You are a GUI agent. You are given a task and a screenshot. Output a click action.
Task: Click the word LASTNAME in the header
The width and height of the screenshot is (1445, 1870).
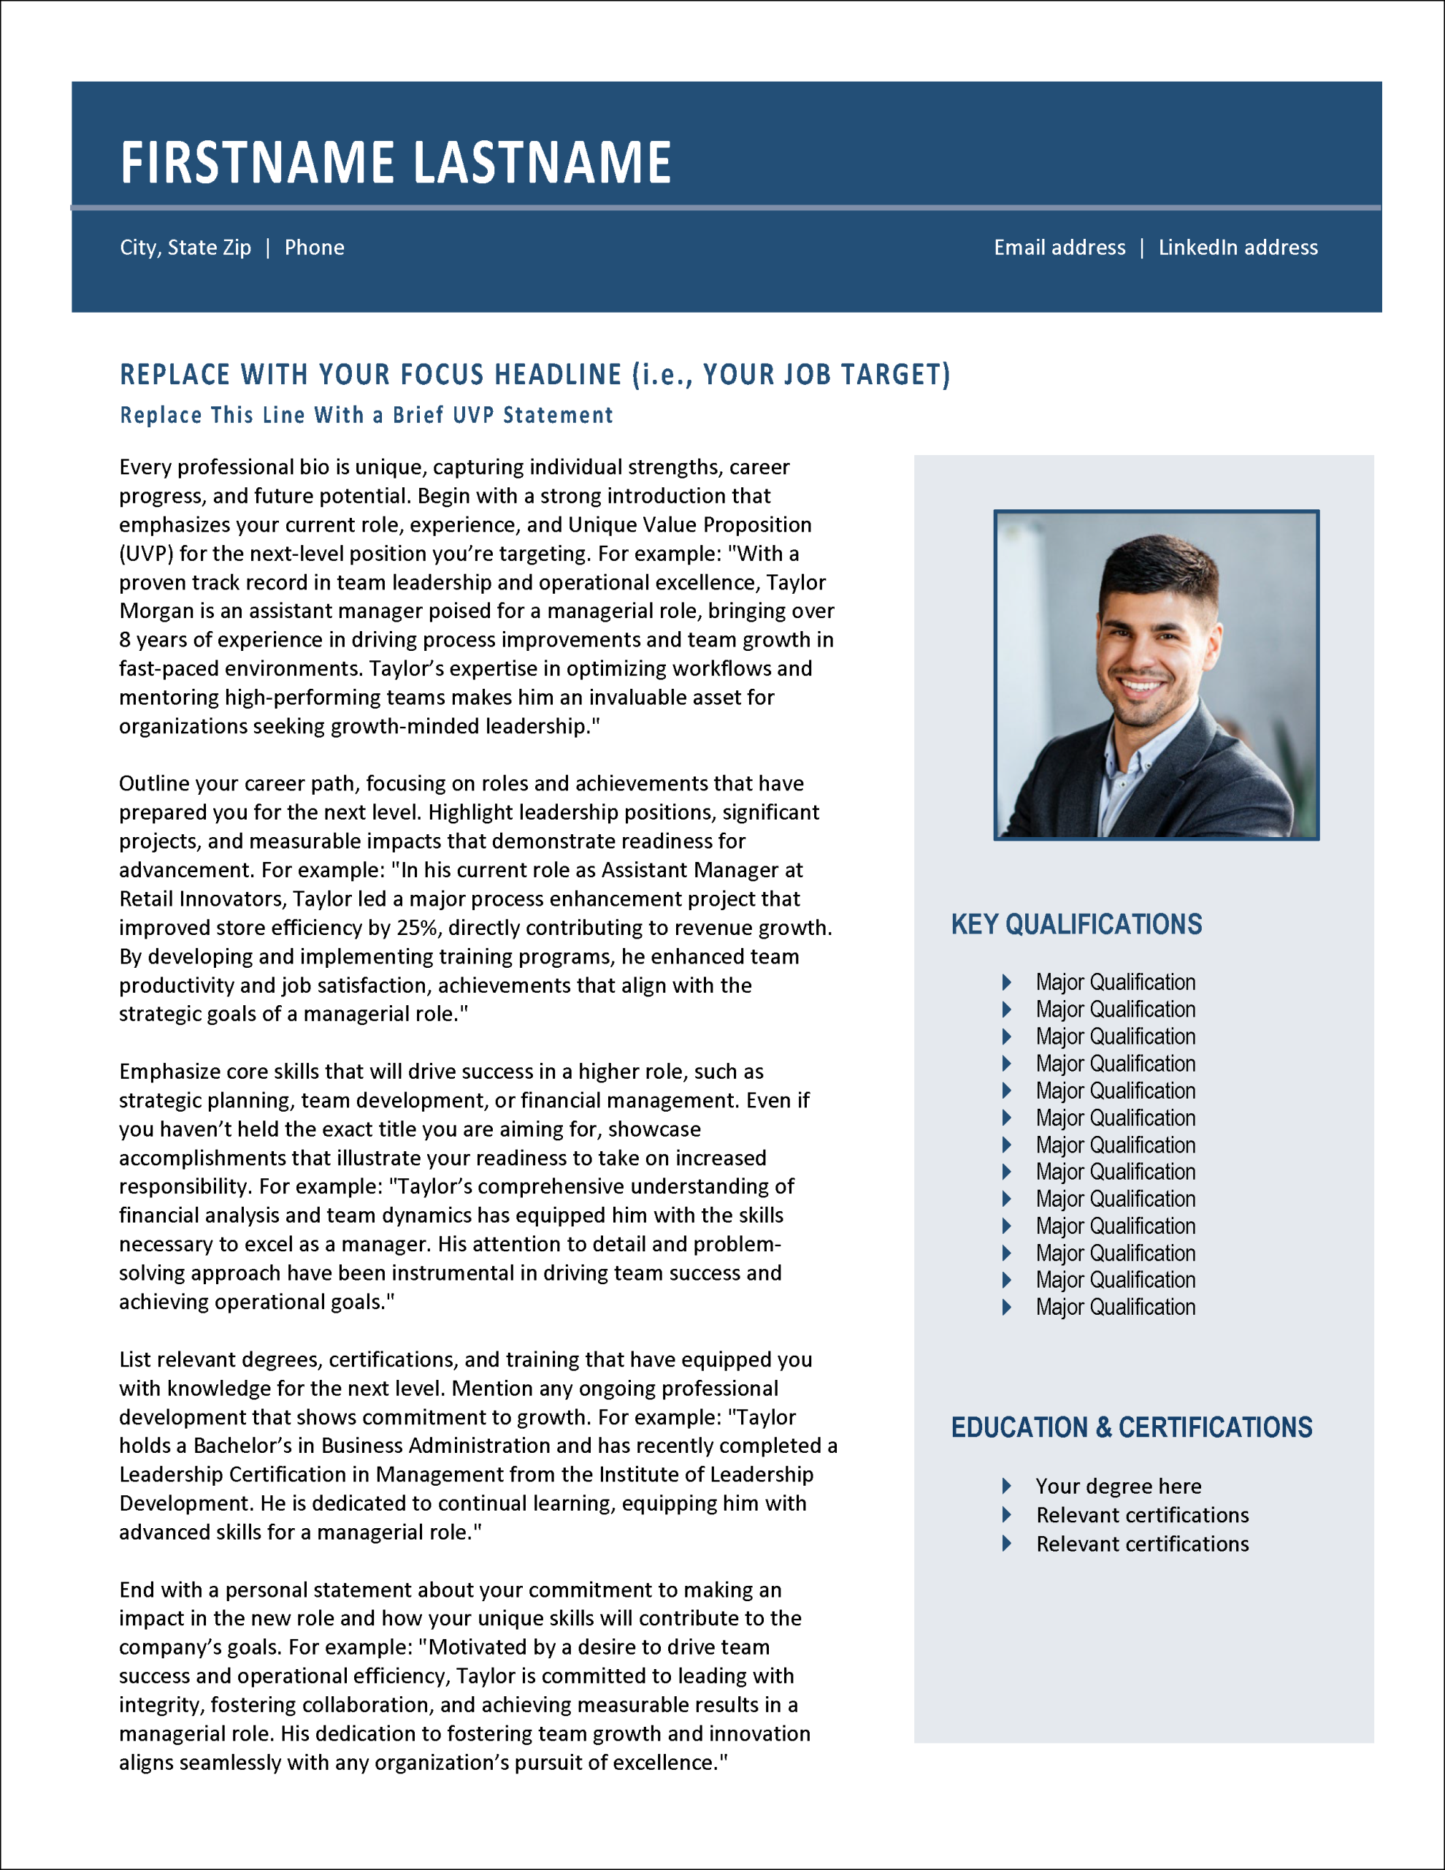click(543, 163)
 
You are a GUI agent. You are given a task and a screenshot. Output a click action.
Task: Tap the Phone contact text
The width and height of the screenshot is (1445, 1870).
click(314, 248)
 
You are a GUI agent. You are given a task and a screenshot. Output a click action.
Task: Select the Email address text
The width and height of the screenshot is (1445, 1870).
click(1059, 248)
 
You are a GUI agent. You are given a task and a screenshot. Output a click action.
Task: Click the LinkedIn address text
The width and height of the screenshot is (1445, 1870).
click(1238, 248)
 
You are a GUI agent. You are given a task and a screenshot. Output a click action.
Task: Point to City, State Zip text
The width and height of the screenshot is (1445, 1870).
click(185, 248)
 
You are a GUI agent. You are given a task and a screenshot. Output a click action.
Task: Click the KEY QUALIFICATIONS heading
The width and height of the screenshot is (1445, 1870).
click(1076, 925)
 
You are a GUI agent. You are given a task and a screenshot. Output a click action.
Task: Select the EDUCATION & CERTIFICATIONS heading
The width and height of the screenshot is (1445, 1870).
click(1131, 1427)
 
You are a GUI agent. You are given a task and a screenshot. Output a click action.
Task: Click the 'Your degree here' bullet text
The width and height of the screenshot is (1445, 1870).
click(1118, 1487)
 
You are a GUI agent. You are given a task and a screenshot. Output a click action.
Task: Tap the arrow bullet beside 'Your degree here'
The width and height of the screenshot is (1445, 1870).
click(1007, 1486)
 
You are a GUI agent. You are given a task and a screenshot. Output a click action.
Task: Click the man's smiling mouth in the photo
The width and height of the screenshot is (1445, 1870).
click(1141, 686)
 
